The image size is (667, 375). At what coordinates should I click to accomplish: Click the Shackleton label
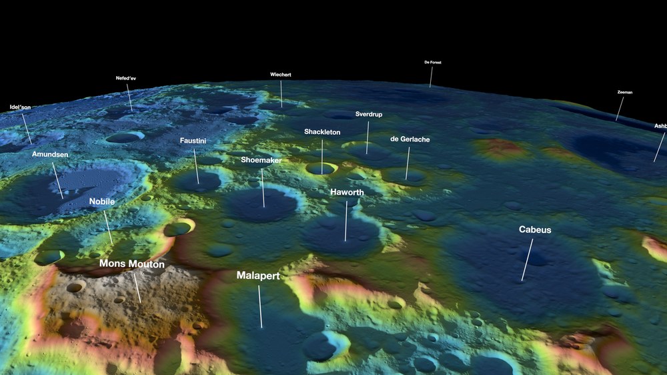coord(322,132)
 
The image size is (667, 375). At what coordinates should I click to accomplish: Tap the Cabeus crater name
coord(535,230)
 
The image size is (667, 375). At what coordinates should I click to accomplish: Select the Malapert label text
coord(257,275)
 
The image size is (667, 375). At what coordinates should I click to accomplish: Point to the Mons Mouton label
coord(131,264)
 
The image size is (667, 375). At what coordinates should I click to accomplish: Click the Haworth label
coord(347,192)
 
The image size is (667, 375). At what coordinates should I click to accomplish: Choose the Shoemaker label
coord(261,160)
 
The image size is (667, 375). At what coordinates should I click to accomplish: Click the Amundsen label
coord(50,154)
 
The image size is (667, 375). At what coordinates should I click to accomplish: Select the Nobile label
coord(102,201)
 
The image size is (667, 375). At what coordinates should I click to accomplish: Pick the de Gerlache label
coord(410,139)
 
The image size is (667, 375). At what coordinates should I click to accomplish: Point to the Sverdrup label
coord(368,114)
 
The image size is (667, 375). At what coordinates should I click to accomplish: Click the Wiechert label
coord(281,74)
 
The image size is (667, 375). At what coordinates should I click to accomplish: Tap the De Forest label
coord(433,62)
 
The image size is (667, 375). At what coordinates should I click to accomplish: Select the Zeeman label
coord(625,92)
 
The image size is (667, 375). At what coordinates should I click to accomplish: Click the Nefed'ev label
coord(126,78)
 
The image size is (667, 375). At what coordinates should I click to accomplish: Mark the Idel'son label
coord(20,107)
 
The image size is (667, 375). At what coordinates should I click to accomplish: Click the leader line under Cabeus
coord(527,260)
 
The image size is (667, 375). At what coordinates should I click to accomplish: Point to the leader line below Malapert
coord(260,307)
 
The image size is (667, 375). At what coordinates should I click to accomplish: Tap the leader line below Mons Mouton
coord(136,287)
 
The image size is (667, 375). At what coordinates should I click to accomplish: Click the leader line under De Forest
coord(431,77)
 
